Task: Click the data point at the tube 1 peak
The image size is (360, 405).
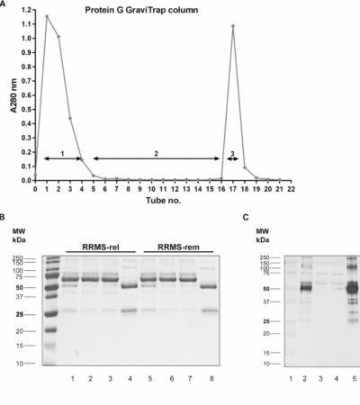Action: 47,16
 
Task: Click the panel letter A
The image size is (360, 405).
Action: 5,4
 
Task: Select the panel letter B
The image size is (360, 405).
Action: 5,217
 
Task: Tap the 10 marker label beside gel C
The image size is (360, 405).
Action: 266,364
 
